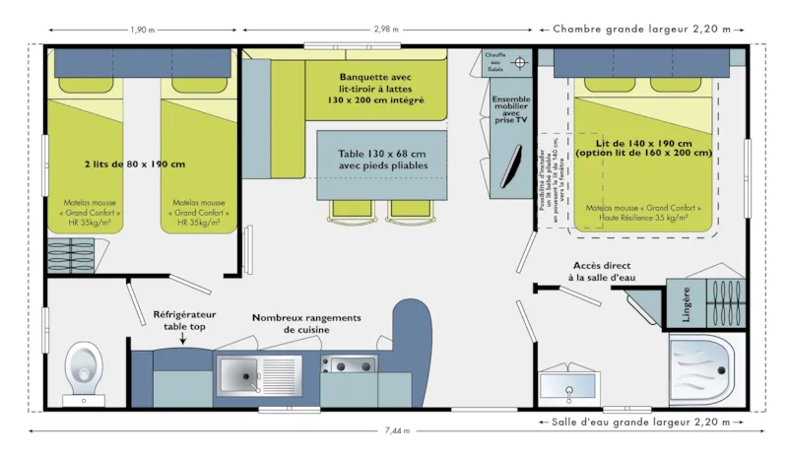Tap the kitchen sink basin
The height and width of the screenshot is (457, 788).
click(x=239, y=374)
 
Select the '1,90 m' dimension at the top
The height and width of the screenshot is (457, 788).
click(x=141, y=30)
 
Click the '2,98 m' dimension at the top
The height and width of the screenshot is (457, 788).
click(x=387, y=30)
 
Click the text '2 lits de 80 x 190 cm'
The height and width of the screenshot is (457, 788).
click(x=136, y=163)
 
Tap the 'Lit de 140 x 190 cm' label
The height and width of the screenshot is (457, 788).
click(x=642, y=141)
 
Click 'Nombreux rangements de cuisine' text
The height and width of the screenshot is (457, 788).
click(x=306, y=324)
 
